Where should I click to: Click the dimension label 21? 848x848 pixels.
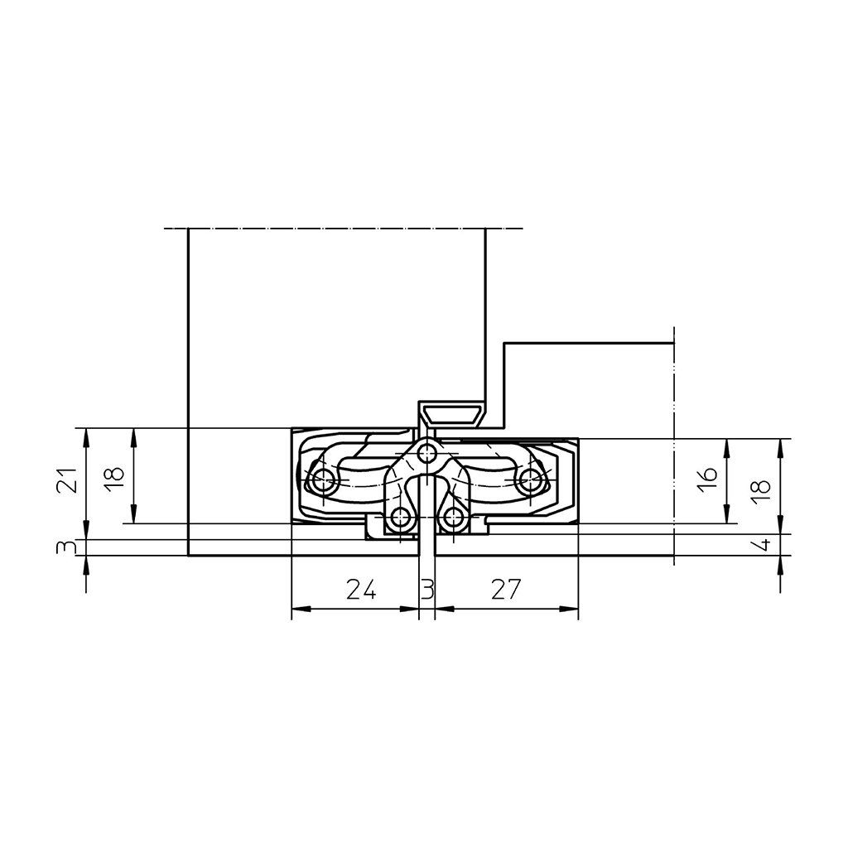click(x=66, y=479)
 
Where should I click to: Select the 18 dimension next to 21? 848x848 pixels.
click(x=114, y=479)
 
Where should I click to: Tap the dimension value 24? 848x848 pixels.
click(x=361, y=589)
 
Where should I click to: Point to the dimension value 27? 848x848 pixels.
click(x=506, y=589)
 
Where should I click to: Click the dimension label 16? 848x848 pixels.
click(x=707, y=479)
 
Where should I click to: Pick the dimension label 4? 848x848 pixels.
click(x=762, y=545)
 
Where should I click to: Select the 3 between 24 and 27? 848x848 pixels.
click(x=427, y=589)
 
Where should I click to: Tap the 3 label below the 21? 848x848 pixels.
click(x=66, y=547)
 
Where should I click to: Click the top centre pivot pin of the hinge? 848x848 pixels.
click(x=428, y=453)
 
